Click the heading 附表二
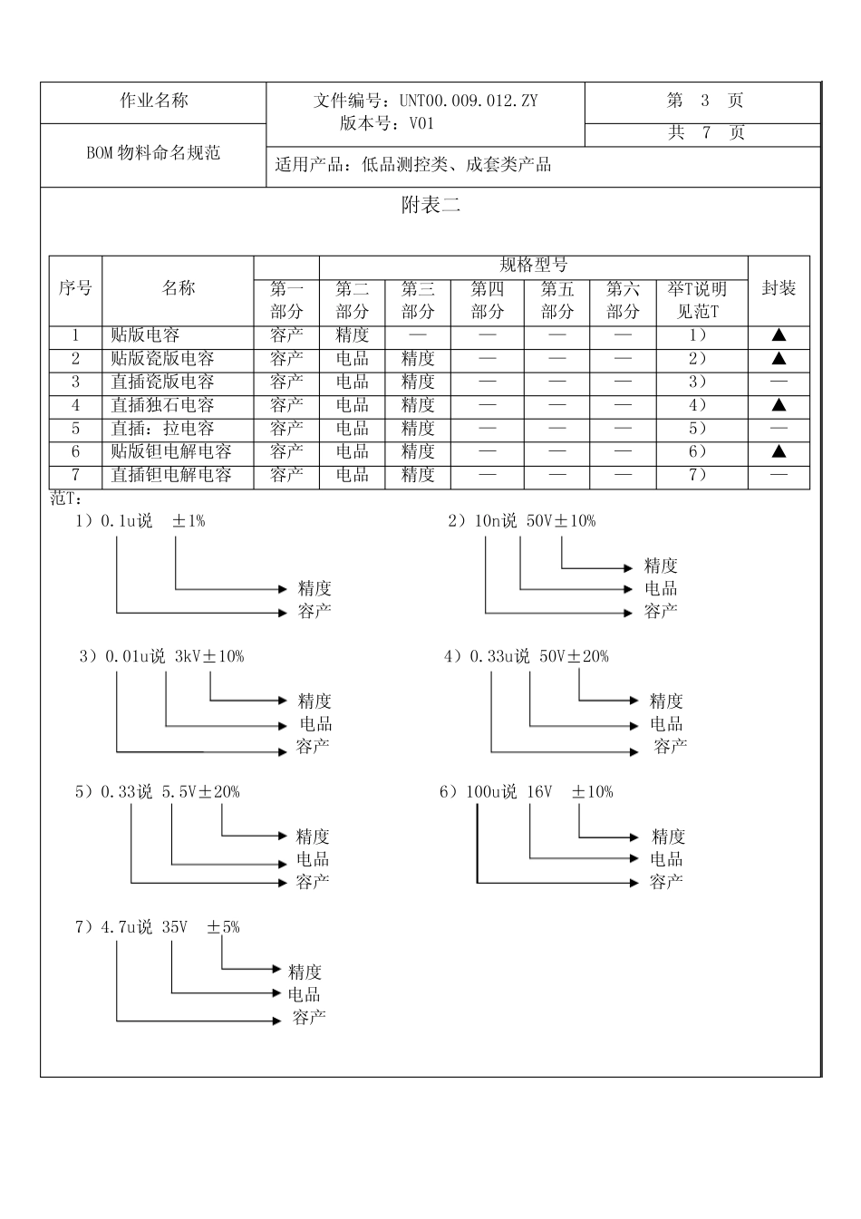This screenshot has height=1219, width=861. [x=430, y=206]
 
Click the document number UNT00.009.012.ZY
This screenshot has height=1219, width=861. [x=468, y=101]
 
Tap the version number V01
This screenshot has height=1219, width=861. [x=422, y=124]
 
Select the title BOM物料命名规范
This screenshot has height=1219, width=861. [x=153, y=153]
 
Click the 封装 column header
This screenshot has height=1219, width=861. [x=779, y=289]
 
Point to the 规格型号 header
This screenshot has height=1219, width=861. [x=534, y=266]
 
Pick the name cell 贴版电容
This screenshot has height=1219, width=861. [x=145, y=335]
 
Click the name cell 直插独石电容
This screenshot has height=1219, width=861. [x=162, y=405]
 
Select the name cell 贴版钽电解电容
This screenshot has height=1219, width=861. [x=171, y=451]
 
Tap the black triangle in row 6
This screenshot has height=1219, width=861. [x=779, y=451]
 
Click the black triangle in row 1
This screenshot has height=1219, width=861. [x=779, y=335]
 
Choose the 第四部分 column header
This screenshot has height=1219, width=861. [x=488, y=301]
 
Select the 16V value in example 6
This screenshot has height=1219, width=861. [x=538, y=792]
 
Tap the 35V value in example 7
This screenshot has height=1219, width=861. [x=174, y=927]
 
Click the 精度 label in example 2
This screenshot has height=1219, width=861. [x=661, y=566]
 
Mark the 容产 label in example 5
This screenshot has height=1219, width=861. [x=312, y=882]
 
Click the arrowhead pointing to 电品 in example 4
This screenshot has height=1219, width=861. [x=634, y=725]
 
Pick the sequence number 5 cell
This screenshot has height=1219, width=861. [x=76, y=429]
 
